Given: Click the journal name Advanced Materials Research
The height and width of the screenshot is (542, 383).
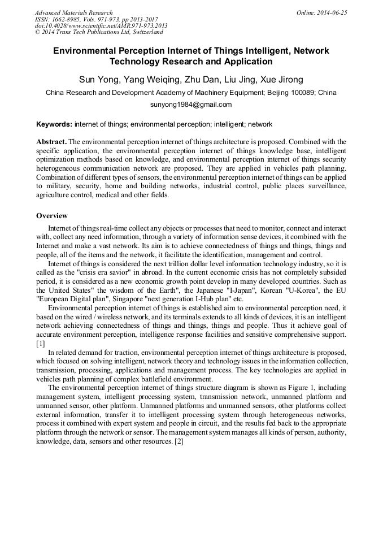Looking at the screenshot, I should tap(74, 12).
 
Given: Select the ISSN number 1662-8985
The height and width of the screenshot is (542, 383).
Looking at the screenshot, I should tap(69, 19).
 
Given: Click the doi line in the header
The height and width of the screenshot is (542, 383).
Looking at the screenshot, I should tap(101, 25).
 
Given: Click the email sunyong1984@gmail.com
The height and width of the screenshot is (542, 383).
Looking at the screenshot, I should tap(191, 105).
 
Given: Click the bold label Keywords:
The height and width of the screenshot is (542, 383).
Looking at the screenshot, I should tap(54, 124).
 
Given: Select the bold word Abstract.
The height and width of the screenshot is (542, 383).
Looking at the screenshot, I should tap(51, 141).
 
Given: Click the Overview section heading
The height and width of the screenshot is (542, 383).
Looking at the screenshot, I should tap(52, 216).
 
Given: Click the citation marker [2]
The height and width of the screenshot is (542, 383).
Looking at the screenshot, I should tap(179, 441).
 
